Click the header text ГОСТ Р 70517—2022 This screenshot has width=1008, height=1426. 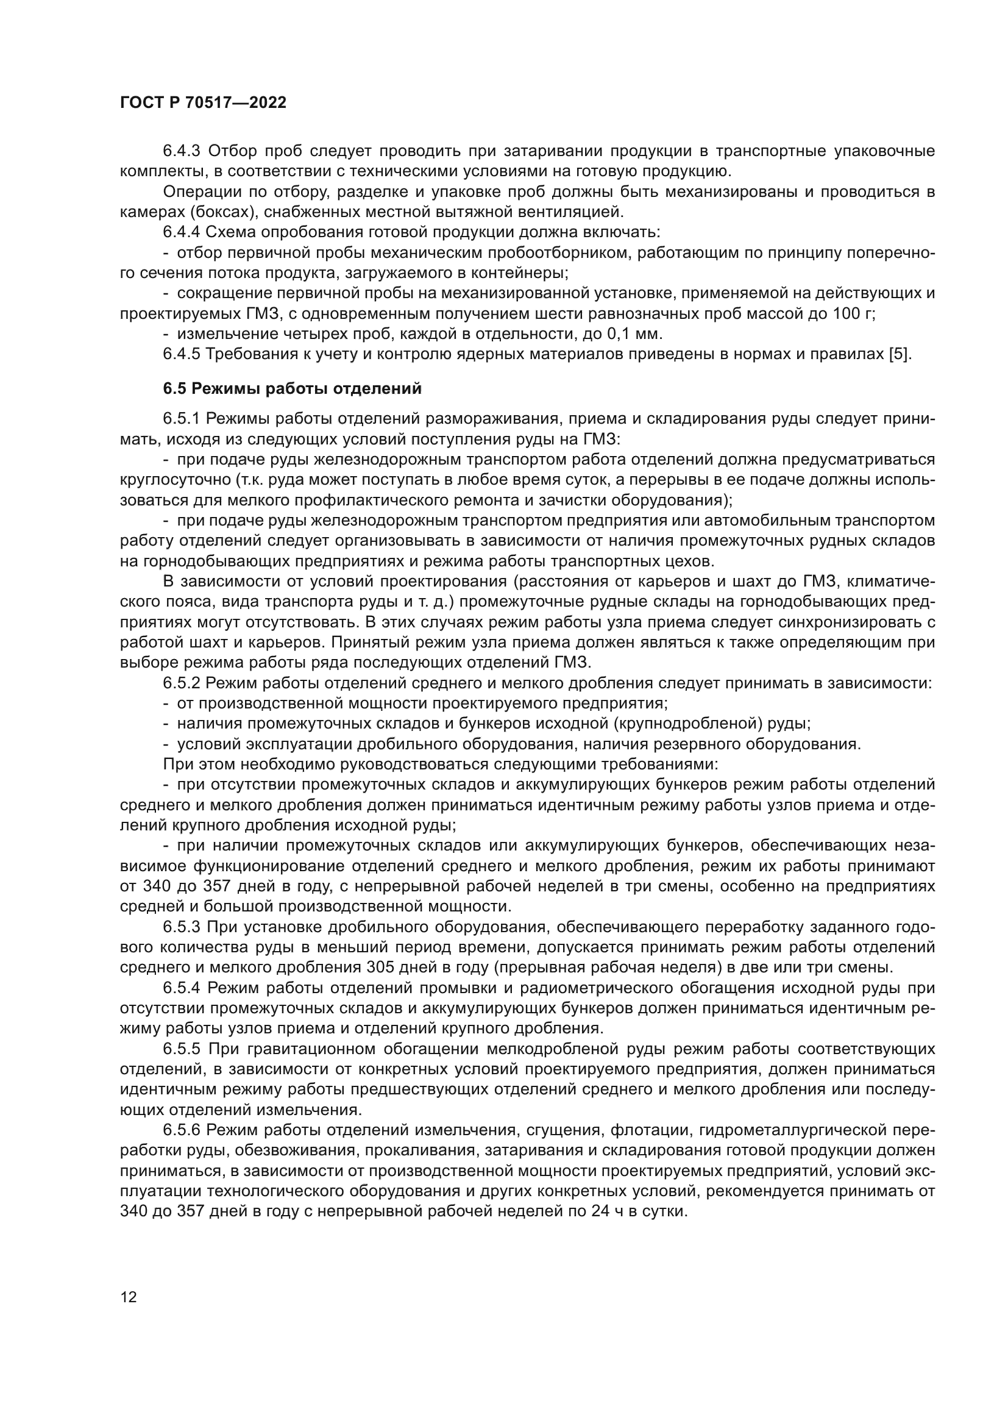tap(203, 103)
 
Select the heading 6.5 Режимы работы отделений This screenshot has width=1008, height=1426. tap(293, 389)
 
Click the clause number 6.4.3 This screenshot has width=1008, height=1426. tap(182, 151)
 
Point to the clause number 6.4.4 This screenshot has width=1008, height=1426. tap(182, 232)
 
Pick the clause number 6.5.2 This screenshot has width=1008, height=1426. tap(182, 683)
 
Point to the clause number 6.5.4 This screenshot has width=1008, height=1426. tap(182, 988)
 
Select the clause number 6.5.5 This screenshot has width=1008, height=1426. tap(182, 1049)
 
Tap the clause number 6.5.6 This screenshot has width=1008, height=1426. tap(182, 1130)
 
